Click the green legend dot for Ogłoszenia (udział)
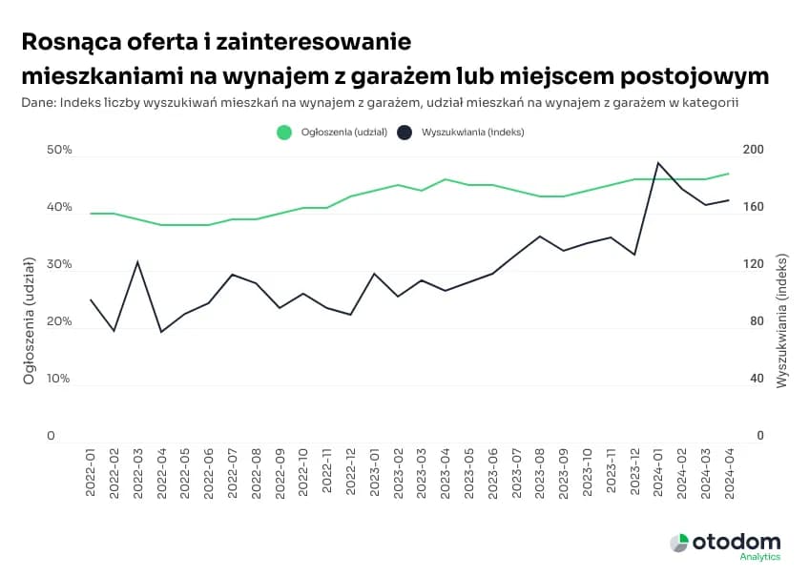(x=283, y=133)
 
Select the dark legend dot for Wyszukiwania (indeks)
(x=404, y=133)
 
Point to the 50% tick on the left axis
(x=58, y=151)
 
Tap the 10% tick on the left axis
(x=58, y=379)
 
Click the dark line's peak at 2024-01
(x=658, y=162)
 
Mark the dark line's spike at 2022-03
(x=138, y=261)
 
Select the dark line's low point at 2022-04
(x=161, y=332)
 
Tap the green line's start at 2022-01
(x=91, y=214)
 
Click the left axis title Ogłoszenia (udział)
(x=29, y=321)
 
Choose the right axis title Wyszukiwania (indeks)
(x=781, y=321)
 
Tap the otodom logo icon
(x=678, y=543)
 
